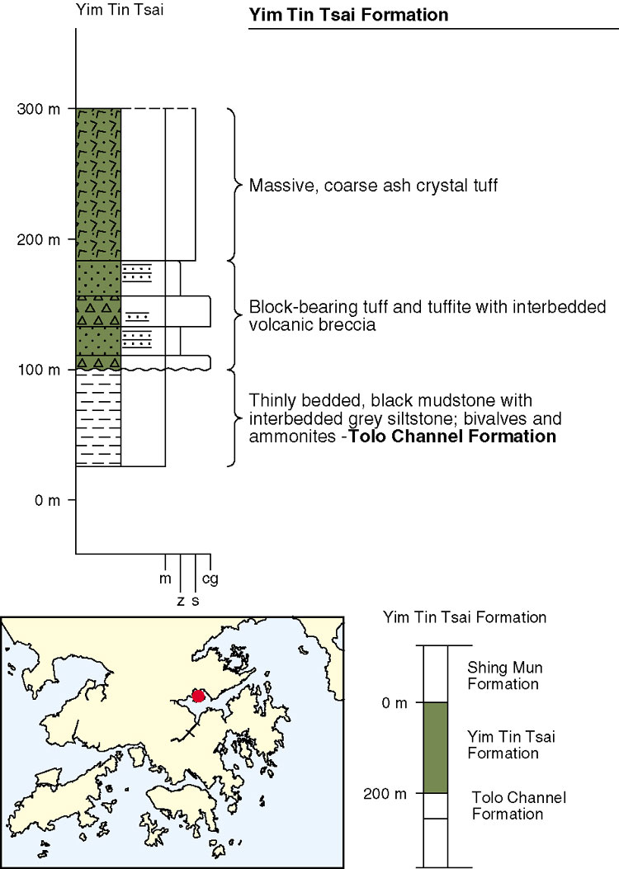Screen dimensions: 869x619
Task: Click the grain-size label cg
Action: (x=210, y=579)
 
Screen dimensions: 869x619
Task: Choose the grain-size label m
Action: (x=166, y=579)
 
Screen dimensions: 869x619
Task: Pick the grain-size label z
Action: (x=181, y=601)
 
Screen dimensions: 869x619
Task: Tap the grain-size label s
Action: (x=196, y=601)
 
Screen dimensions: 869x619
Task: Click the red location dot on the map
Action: (x=198, y=696)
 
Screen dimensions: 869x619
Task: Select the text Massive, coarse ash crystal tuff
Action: (x=373, y=185)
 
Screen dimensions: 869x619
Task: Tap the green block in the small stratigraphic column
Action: (x=436, y=747)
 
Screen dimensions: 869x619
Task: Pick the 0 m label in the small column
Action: (x=396, y=702)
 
